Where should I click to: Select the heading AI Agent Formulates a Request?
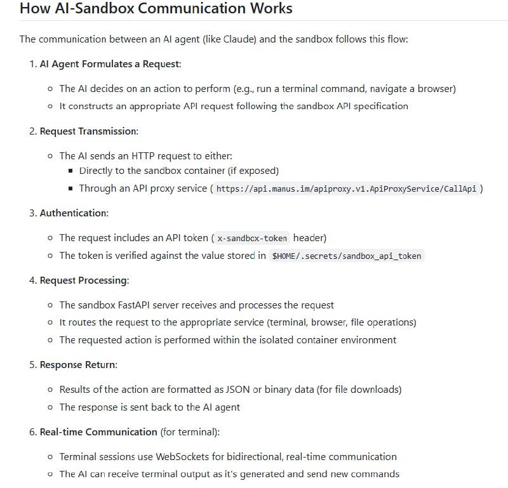tap(110, 64)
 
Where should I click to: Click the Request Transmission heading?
tap(89, 131)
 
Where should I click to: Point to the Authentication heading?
tap(74, 213)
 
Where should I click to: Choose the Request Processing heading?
tap(84, 280)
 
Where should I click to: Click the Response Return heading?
tap(79, 365)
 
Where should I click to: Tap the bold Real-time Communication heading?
tap(98, 432)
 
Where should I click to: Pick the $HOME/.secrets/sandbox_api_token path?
tap(347, 256)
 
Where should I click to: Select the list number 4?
tap(32, 280)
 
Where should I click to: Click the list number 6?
tap(32, 432)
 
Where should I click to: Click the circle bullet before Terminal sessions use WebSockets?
tap(50, 457)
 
